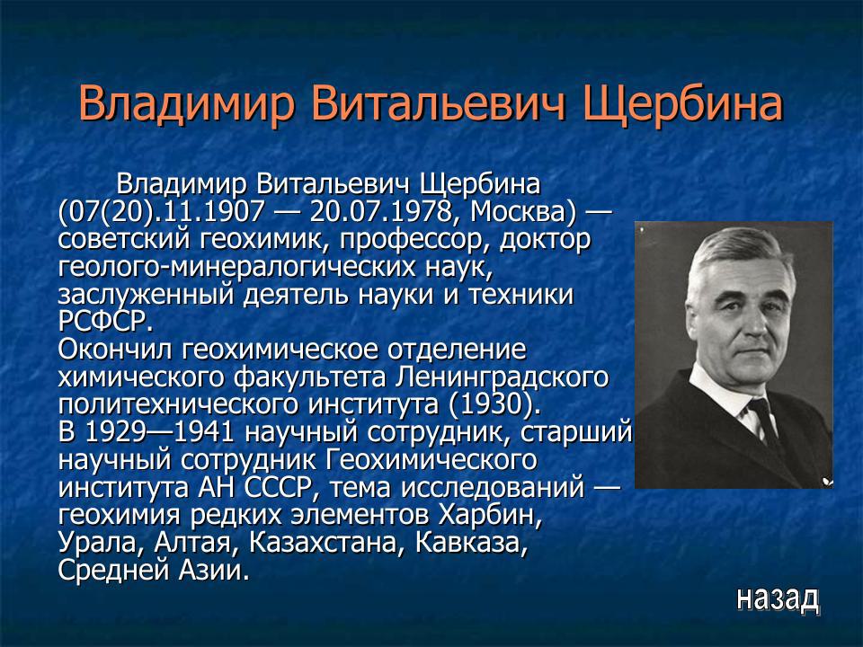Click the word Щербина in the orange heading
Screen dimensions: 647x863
tap(683, 106)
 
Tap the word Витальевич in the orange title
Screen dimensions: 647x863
tap(440, 106)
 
